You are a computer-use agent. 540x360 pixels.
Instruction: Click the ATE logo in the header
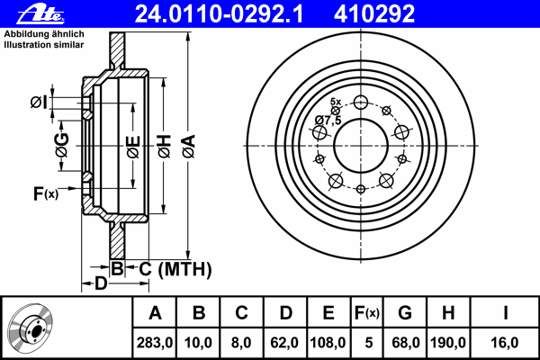(40, 14)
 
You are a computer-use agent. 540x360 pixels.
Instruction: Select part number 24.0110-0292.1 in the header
(219, 13)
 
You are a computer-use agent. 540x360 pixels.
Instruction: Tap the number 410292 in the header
(374, 13)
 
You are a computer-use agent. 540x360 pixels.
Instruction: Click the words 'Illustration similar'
(44, 45)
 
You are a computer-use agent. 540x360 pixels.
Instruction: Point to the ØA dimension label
(188, 146)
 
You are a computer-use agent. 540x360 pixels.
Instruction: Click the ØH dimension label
(165, 146)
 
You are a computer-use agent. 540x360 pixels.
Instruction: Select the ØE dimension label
(133, 147)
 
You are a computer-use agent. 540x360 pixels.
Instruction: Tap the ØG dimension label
(62, 145)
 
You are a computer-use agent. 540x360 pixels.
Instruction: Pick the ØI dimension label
(39, 103)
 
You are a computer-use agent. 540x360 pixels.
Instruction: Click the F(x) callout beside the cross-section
(46, 193)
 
